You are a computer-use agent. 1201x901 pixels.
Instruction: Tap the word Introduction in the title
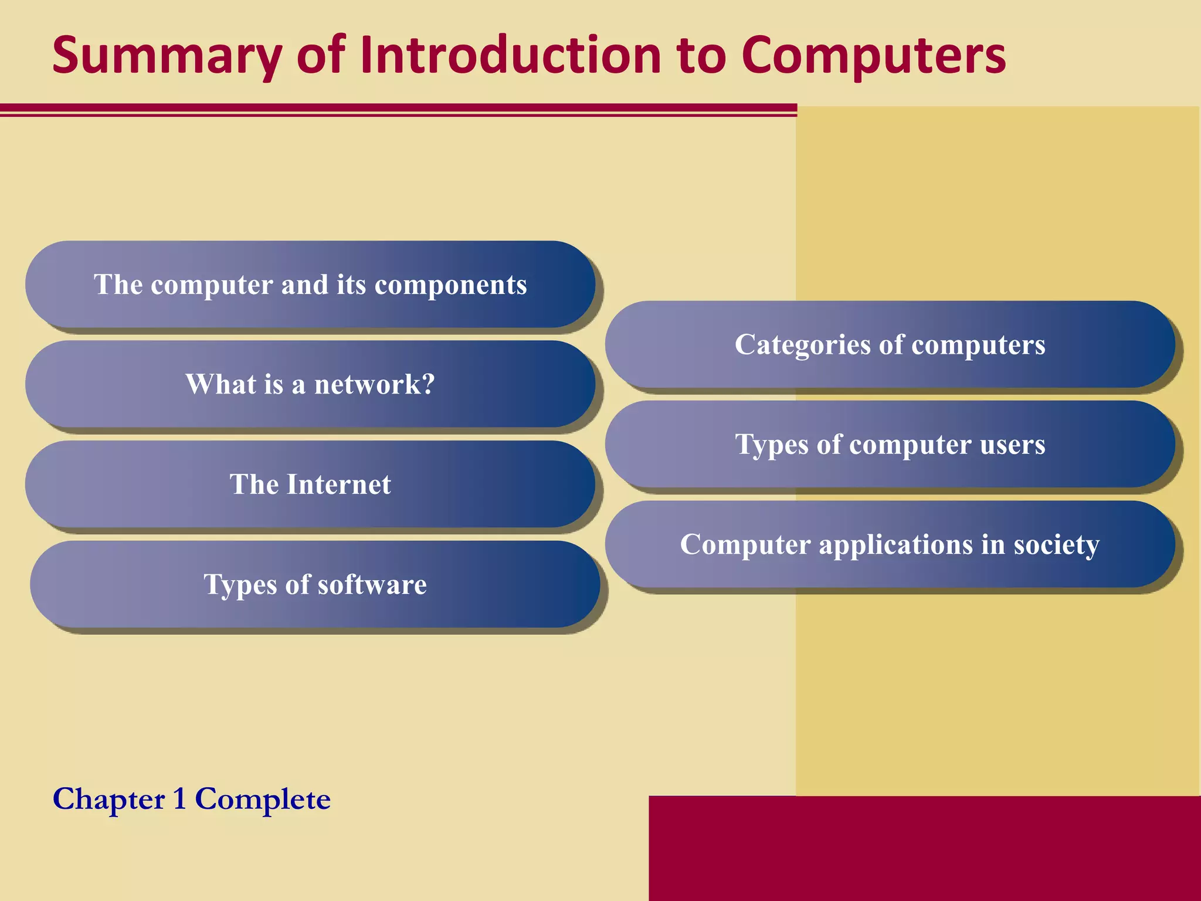coord(510,56)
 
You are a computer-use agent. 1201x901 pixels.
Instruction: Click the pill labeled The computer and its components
coord(310,284)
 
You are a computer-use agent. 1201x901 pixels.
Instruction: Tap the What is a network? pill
coord(310,384)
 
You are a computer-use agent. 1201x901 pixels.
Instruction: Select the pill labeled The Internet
coord(310,485)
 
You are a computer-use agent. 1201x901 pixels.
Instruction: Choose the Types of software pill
coord(315,584)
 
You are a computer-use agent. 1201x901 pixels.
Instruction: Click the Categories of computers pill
coord(890,344)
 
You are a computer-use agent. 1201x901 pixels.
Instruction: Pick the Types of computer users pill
coord(890,444)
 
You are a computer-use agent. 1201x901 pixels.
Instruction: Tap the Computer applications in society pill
coord(890,544)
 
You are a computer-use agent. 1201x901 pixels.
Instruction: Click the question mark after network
coord(428,384)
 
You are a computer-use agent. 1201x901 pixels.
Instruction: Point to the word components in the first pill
coord(450,286)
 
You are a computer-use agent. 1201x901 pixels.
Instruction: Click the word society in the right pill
coord(1056,546)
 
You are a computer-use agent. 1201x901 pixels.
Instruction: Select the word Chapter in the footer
coord(109,800)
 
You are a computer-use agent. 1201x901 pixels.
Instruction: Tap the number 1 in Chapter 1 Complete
coord(179,799)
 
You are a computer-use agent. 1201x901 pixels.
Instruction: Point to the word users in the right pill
coord(1012,445)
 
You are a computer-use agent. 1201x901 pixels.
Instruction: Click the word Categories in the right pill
coord(802,345)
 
